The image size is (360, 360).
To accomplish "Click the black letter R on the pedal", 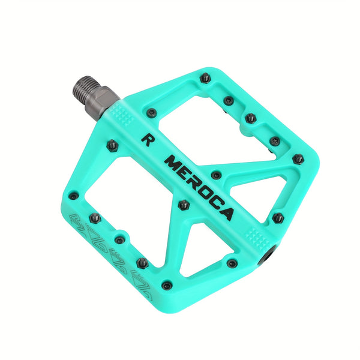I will pyautogui.click(x=145, y=139).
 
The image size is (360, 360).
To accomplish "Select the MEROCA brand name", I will pyautogui.click(x=199, y=187).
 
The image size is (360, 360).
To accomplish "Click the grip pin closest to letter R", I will pyautogui.click(x=112, y=144).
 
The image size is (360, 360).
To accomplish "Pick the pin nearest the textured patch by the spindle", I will pyautogui.click(x=152, y=112).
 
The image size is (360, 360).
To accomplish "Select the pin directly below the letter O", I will pyautogui.click(x=184, y=205).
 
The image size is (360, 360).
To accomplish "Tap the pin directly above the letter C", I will pyautogui.click(x=217, y=175).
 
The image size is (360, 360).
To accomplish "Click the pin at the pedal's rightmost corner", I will pyautogui.click(x=298, y=159).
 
